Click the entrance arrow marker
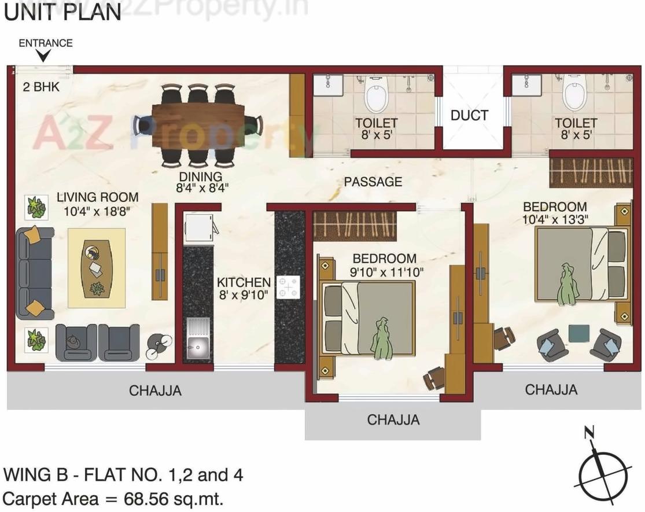(43, 56)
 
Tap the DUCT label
(469, 115)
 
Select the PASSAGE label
(373, 182)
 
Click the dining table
(198, 124)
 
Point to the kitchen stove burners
(289, 287)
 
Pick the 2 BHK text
(41, 88)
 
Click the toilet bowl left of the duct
(376, 96)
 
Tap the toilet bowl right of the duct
(576, 95)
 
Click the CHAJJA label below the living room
(155, 391)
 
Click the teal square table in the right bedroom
(578, 333)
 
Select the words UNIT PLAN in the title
(62, 12)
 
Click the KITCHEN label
(244, 282)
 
